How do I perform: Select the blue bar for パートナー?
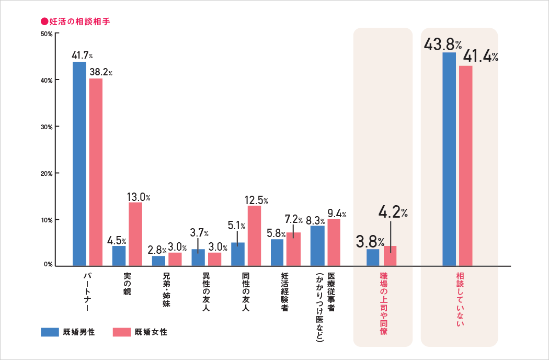79,164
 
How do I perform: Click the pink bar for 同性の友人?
254,235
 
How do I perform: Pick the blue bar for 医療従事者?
317,245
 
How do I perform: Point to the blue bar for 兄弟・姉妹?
158,261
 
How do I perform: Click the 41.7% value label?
83,55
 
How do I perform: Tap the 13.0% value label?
139,197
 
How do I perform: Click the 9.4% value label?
336,213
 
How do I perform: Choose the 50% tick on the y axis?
46,33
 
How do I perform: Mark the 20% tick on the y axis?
46,173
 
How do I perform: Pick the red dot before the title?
44,22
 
